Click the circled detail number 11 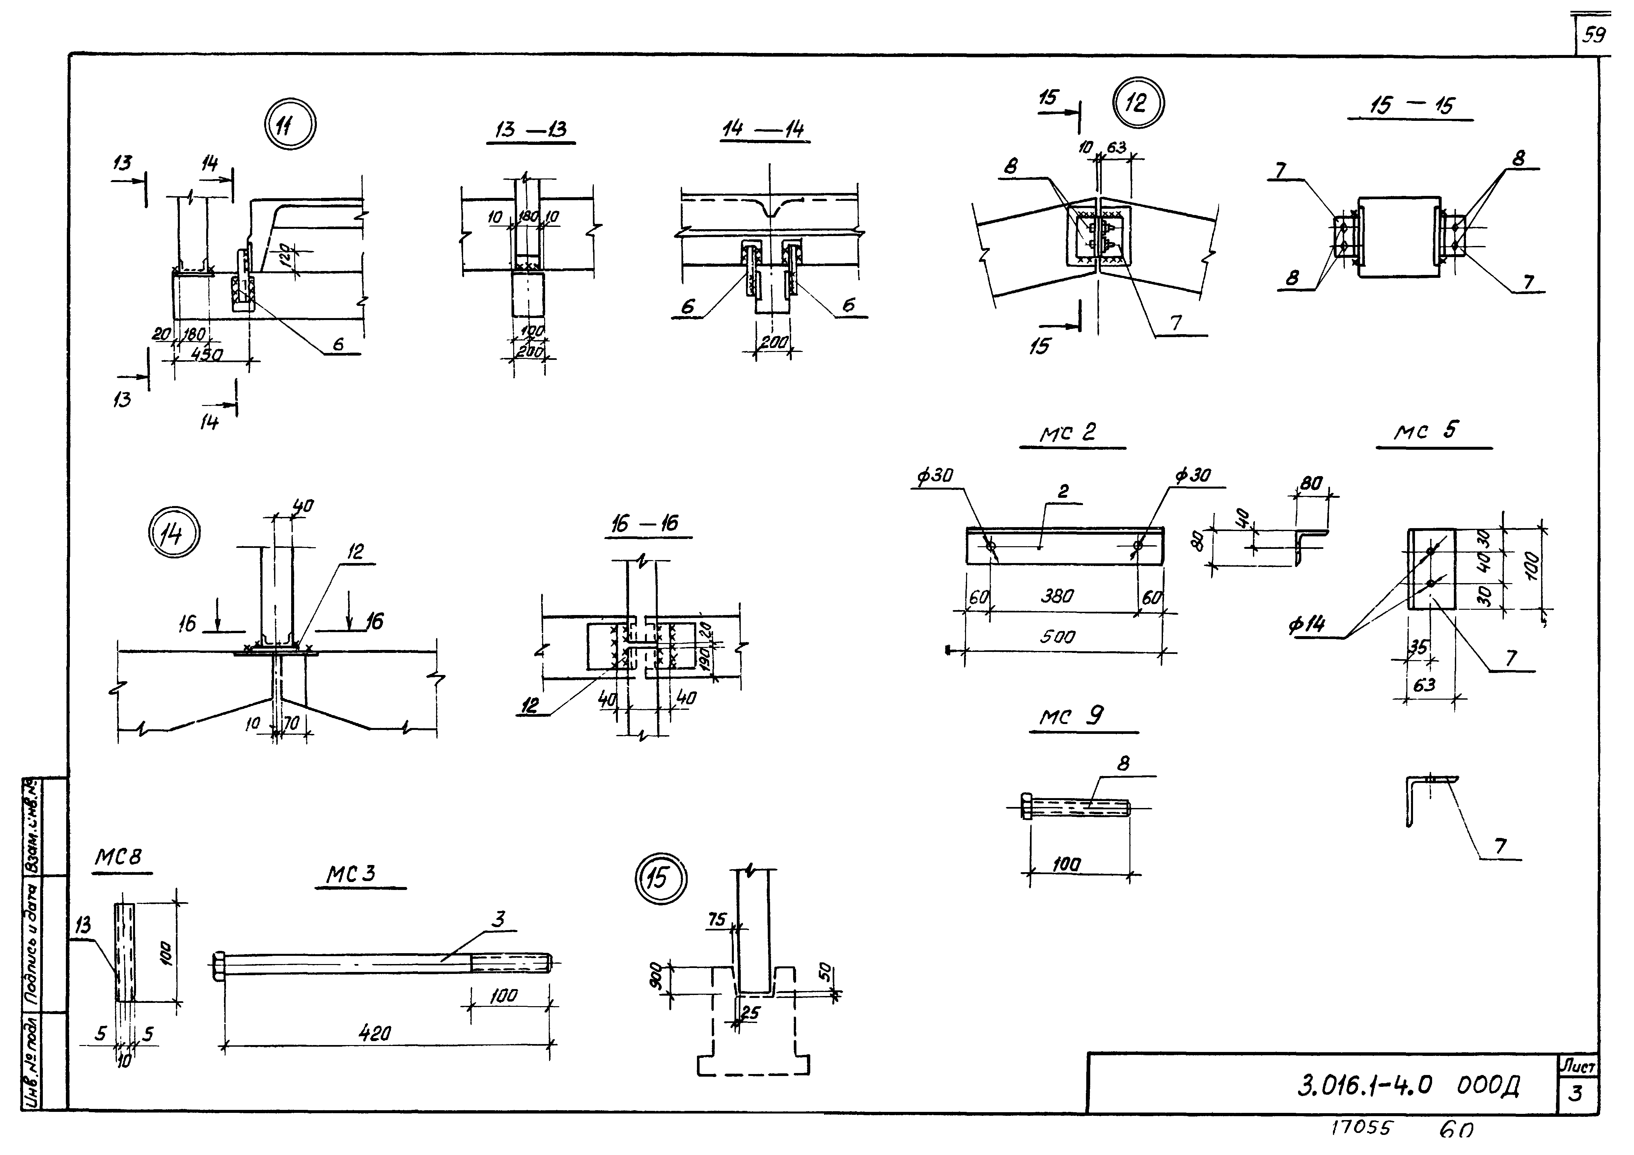click(290, 125)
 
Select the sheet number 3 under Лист click(1576, 1093)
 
